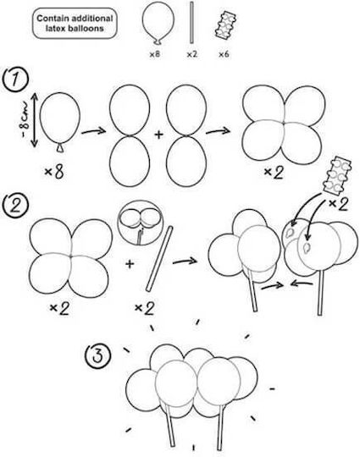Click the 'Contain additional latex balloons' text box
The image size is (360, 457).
click(x=75, y=24)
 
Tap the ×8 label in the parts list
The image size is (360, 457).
click(x=155, y=54)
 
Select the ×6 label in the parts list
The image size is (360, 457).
click(x=224, y=54)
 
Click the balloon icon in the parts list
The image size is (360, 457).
click(x=158, y=24)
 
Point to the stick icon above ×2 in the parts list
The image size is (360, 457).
click(x=191, y=23)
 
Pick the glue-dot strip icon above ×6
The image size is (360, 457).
click(x=226, y=25)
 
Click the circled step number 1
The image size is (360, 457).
click(x=16, y=80)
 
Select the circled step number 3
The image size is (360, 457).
click(x=97, y=356)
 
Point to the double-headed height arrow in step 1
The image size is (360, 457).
click(x=35, y=120)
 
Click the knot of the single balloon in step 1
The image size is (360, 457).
click(x=60, y=148)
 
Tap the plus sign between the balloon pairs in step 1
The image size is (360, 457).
click(x=158, y=135)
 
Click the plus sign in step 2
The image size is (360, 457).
click(x=130, y=264)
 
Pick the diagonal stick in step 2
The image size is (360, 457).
click(x=159, y=258)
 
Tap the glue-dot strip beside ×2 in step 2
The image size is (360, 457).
click(x=337, y=176)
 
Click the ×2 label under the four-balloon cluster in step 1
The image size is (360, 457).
click(x=274, y=173)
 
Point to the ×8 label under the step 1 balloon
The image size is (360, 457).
click(x=54, y=172)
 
